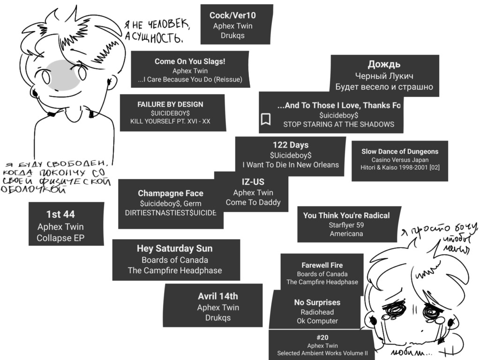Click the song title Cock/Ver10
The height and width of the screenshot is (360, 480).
(232, 15)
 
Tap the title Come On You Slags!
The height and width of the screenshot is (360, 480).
(190, 61)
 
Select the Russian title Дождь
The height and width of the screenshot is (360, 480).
(384, 65)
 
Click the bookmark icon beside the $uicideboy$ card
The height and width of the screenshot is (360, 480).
(266, 119)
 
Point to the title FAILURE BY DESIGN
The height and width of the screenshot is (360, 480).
(170, 104)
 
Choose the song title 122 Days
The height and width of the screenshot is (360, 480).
(291, 145)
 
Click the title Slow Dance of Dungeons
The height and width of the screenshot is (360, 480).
(400, 151)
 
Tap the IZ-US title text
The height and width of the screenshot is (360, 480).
(253, 182)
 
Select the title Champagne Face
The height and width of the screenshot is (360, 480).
(171, 193)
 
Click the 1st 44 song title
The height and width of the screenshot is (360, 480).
(60, 214)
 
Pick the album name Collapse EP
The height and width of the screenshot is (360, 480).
(60, 238)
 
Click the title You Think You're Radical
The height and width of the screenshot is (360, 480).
(346, 216)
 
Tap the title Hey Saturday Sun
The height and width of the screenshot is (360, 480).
(174, 248)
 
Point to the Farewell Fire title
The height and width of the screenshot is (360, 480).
(322, 265)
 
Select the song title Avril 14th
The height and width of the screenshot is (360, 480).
(218, 296)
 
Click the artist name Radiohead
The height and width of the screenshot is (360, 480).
(317, 312)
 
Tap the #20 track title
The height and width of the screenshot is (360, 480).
(322, 337)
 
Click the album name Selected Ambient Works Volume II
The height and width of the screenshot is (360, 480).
(322, 353)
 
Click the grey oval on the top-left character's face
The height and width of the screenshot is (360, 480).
(64, 75)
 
